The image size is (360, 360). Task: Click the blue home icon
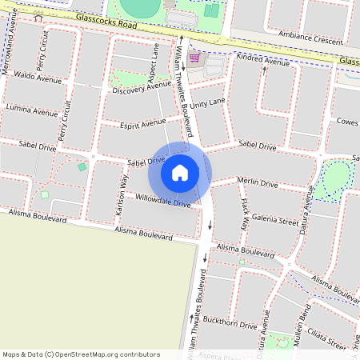pyautogui.click(x=180, y=172)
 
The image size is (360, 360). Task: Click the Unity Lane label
pyautogui.click(x=208, y=105)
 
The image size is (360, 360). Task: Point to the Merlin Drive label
pyautogui.click(x=258, y=183)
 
